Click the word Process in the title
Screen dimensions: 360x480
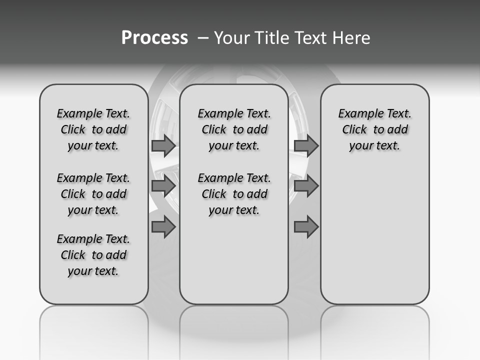click(154, 37)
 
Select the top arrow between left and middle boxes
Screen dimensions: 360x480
click(163, 145)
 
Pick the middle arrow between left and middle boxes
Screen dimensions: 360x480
click(163, 186)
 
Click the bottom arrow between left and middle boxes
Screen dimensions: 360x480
click(163, 227)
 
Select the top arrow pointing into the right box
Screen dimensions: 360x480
click(306, 145)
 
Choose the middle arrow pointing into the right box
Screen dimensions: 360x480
click(306, 186)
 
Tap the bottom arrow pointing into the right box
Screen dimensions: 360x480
click(306, 227)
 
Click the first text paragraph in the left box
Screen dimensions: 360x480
click(93, 129)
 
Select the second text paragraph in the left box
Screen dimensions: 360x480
click(93, 194)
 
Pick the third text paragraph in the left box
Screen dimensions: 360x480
click(93, 255)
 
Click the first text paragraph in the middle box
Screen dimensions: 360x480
click(234, 129)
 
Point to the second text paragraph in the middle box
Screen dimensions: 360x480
click(234, 194)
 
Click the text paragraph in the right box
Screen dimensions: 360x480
click(375, 129)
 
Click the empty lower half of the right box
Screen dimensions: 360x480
click(375, 235)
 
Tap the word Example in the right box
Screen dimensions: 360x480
click(356, 114)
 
